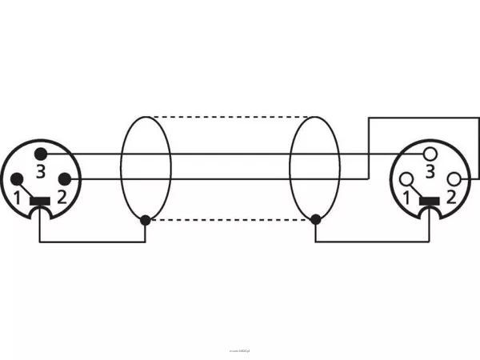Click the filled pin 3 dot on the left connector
(42, 152)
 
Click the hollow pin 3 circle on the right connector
(431, 152)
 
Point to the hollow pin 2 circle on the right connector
(457, 178)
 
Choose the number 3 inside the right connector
(431, 171)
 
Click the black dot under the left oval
(145, 219)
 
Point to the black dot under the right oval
(316, 219)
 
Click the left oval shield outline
(121, 168)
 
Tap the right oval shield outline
(290, 168)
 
